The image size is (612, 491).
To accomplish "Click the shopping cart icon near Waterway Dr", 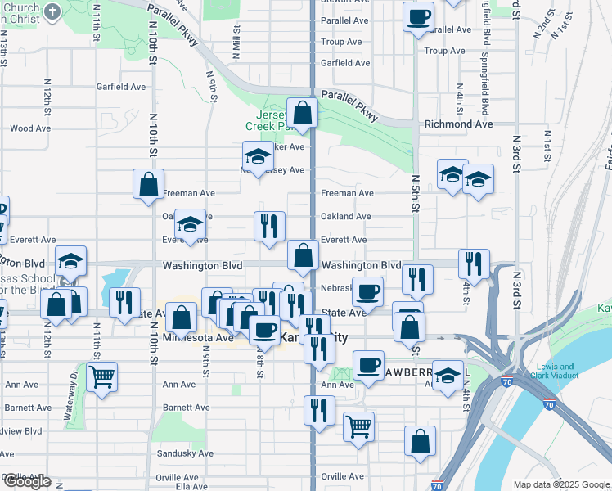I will coord(101,378).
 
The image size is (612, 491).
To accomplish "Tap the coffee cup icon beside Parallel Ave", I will coord(418,16).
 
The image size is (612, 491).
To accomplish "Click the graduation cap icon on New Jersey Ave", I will coord(258,157).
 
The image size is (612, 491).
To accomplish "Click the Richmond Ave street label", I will coord(458,124).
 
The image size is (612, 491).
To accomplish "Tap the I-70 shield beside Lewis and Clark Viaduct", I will coord(547,404).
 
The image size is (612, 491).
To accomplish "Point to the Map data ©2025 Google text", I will coord(561,484).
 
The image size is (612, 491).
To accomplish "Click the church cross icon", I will coord(53,11).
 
